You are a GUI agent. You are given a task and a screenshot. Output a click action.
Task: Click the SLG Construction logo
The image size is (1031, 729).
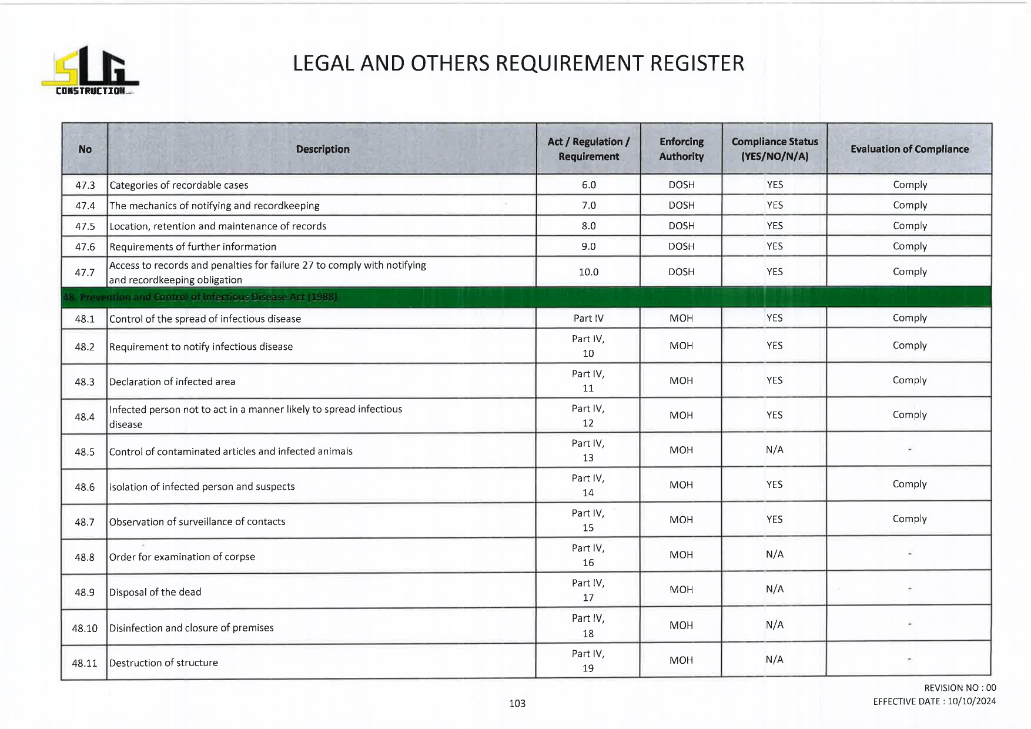(90, 71)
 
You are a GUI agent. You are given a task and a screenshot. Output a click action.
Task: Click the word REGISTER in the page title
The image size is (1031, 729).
(697, 63)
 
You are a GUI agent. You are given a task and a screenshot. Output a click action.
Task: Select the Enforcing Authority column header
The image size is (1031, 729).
(681, 149)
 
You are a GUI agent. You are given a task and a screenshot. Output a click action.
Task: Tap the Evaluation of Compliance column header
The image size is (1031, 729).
(909, 149)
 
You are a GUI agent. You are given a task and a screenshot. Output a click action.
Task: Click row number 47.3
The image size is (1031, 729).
(85, 185)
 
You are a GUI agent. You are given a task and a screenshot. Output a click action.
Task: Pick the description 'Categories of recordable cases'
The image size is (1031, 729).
(179, 185)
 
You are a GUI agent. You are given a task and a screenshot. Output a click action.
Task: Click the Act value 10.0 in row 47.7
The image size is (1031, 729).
(588, 272)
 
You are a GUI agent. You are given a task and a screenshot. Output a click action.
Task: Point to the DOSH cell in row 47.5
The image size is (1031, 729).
(681, 226)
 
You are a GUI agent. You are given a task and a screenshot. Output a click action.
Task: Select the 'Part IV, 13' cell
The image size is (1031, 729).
(588, 450)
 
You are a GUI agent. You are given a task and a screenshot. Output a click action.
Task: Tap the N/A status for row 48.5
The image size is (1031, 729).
(774, 450)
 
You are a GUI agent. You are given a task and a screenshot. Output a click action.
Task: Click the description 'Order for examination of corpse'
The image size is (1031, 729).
(182, 557)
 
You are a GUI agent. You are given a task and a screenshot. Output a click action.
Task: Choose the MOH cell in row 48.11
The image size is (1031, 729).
(681, 660)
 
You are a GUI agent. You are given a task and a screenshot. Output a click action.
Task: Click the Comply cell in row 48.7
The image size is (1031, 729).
(909, 519)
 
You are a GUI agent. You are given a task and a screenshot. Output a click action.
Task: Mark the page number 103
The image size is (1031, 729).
(517, 703)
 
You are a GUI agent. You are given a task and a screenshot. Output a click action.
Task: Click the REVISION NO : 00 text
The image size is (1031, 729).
(960, 688)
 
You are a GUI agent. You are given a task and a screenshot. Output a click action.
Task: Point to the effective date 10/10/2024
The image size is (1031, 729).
(972, 701)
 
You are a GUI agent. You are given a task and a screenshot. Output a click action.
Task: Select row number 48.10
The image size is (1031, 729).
(85, 628)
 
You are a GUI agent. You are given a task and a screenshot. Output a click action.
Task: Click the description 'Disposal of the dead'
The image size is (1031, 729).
(155, 592)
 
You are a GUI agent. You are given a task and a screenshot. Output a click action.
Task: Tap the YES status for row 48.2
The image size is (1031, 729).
(774, 346)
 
